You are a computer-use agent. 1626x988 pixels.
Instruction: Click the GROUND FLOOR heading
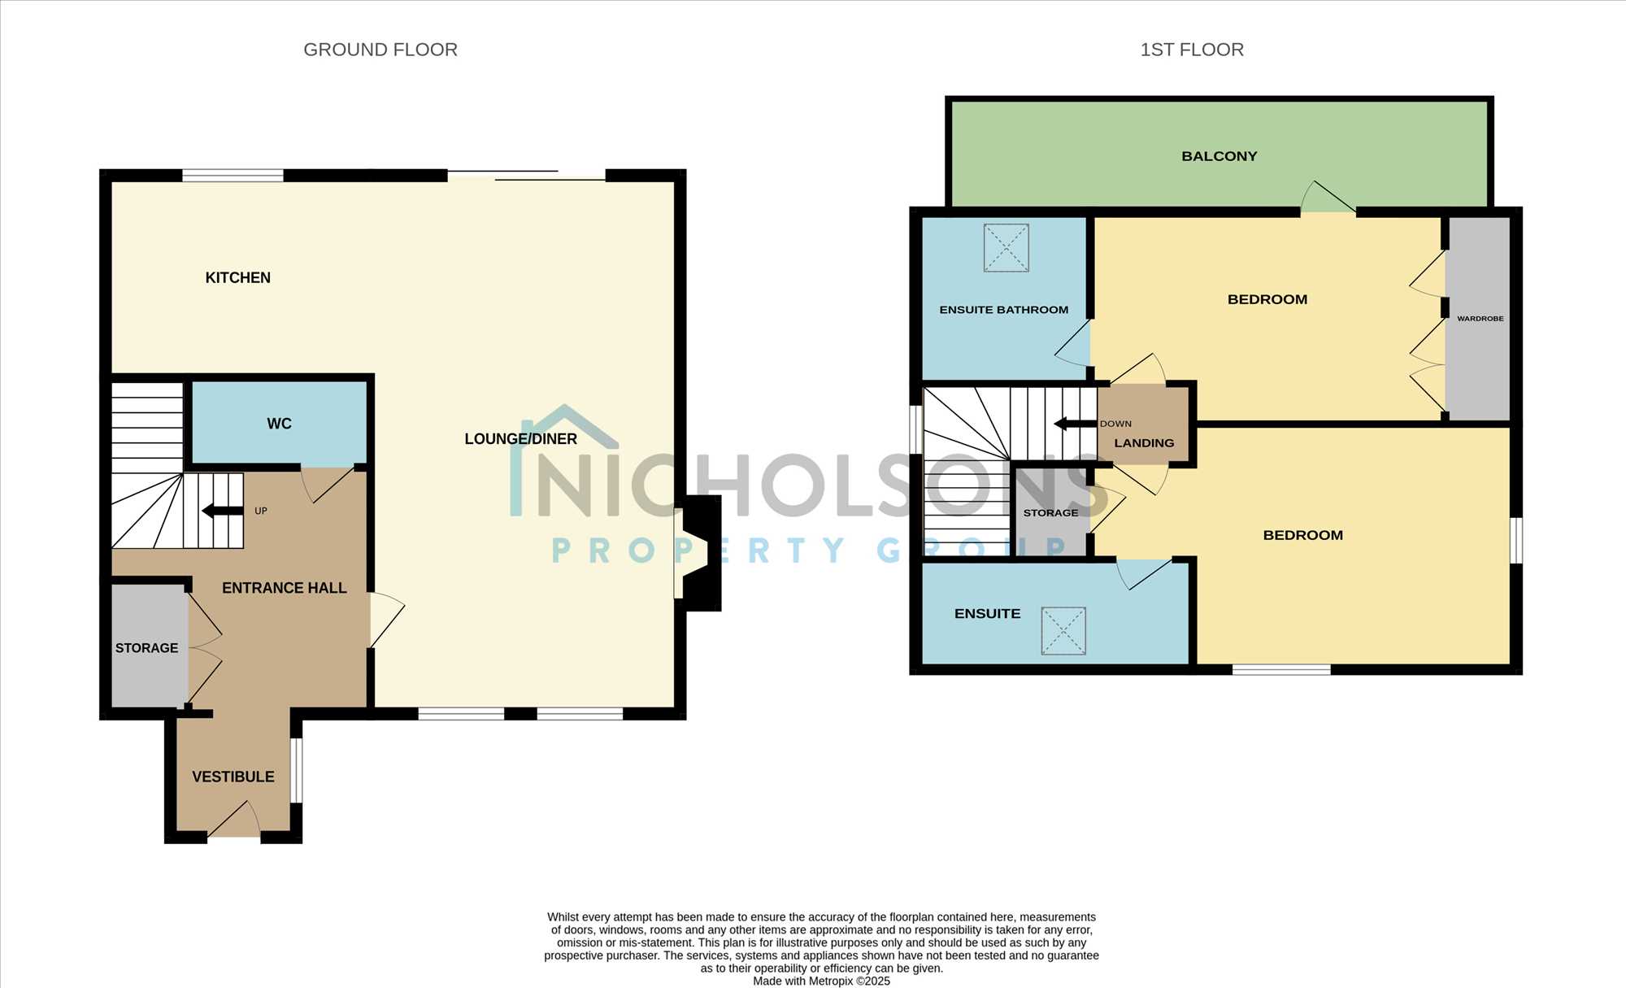(380, 50)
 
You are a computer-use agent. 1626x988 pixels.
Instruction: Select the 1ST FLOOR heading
(1192, 50)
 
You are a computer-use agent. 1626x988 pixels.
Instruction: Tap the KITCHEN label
(238, 278)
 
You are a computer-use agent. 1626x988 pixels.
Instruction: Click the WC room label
(279, 424)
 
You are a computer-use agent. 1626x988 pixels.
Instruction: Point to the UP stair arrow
(222, 511)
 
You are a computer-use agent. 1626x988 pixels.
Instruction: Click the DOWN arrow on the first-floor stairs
(1075, 424)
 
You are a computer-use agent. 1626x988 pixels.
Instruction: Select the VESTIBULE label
(233, 777)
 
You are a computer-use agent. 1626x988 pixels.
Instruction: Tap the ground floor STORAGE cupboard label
(146, 648)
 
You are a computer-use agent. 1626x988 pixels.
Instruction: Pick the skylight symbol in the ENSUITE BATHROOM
(1006, 248)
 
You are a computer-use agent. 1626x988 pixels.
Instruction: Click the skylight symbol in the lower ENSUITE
(1063, 630)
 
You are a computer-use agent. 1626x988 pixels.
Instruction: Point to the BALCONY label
(1219, 156)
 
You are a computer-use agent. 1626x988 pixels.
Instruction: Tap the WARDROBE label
(1480, 319)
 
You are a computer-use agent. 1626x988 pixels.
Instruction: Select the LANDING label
(1144, 443)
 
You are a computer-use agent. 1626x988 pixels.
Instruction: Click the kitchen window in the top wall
(233, 175)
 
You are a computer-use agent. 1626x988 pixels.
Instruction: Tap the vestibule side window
(297, 771)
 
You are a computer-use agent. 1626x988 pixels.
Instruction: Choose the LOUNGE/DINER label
(520, 439)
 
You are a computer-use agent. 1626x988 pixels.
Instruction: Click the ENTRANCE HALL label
(285, 588)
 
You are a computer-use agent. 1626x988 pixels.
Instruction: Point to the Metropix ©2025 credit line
(821, 981)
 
